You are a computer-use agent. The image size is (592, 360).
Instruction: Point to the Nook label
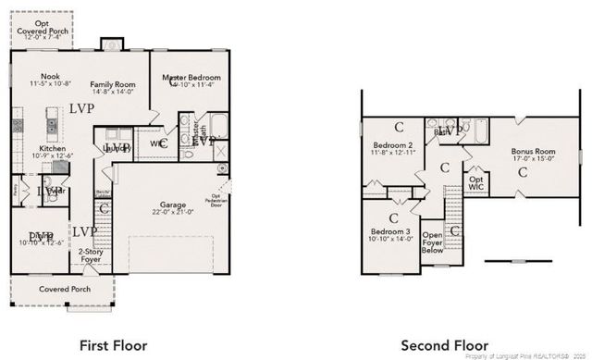tap(39, 78)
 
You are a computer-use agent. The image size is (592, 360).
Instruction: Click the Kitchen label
tap(52, 147)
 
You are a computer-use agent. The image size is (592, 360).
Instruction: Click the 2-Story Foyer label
tap(90, 255)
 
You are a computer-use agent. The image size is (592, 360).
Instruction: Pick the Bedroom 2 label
tap(392, 145)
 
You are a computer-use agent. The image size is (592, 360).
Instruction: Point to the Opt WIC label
tap(476, 183)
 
